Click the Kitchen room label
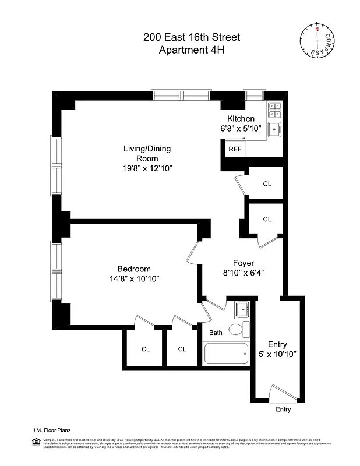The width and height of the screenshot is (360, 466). pos(241,118)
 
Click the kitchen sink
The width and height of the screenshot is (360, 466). pos(274,129)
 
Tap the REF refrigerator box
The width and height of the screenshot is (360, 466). pos(235,149)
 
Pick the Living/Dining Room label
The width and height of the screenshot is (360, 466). pos(147,153)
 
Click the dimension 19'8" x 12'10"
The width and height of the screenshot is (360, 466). pos(147,168)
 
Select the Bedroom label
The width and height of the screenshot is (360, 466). pos(134,269)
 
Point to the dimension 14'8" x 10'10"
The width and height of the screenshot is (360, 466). pos(134,278)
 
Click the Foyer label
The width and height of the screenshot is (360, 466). pos(244,263)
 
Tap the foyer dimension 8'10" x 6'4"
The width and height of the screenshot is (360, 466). pos(244,273)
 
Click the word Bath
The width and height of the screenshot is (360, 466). pos(216,333)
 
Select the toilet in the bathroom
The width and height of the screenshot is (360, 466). pos(236,330)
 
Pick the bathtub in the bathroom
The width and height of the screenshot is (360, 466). pos(226,354)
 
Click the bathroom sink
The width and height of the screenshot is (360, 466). pos(242,308)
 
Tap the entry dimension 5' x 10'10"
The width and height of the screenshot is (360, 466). pos(278,354)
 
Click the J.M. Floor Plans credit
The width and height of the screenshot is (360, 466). pos(51,430)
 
